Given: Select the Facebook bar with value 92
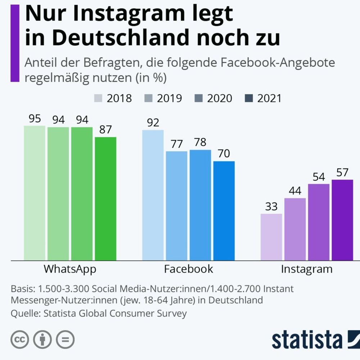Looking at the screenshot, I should pos(153,194).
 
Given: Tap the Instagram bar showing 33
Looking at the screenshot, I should pos(271,237).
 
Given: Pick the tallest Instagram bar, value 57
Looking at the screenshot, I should pos(342,220).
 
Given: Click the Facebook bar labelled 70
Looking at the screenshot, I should pos(224,211).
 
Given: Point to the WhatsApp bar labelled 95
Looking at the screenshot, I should pos(35,193).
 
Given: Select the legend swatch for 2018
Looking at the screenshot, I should pos(99,98).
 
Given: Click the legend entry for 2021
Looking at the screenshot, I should pos(269,98).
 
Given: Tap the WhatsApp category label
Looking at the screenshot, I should pos(70,269).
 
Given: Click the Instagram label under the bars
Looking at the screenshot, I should pos(307,269).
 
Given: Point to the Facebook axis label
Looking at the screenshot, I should pos(189,269).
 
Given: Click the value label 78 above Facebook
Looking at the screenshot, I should pos(200,142).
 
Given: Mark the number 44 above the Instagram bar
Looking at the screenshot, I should pos(295,190).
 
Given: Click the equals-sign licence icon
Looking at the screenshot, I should pos(65,339).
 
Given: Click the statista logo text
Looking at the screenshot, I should pos(306,339).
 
